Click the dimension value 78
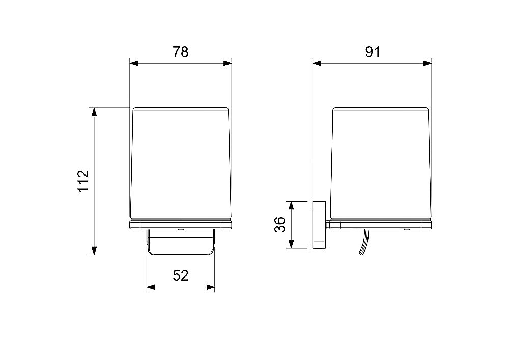(180, 52)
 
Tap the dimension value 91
(373, 52)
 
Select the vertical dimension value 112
(83, 181)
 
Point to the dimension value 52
(180, 275)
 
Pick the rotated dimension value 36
(279, 225)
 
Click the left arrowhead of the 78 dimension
(134, 63)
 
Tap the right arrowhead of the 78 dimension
(228, 63)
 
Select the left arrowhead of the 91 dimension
(317, 63)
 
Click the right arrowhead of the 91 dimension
(428, 63)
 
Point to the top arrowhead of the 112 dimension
(94, 112)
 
